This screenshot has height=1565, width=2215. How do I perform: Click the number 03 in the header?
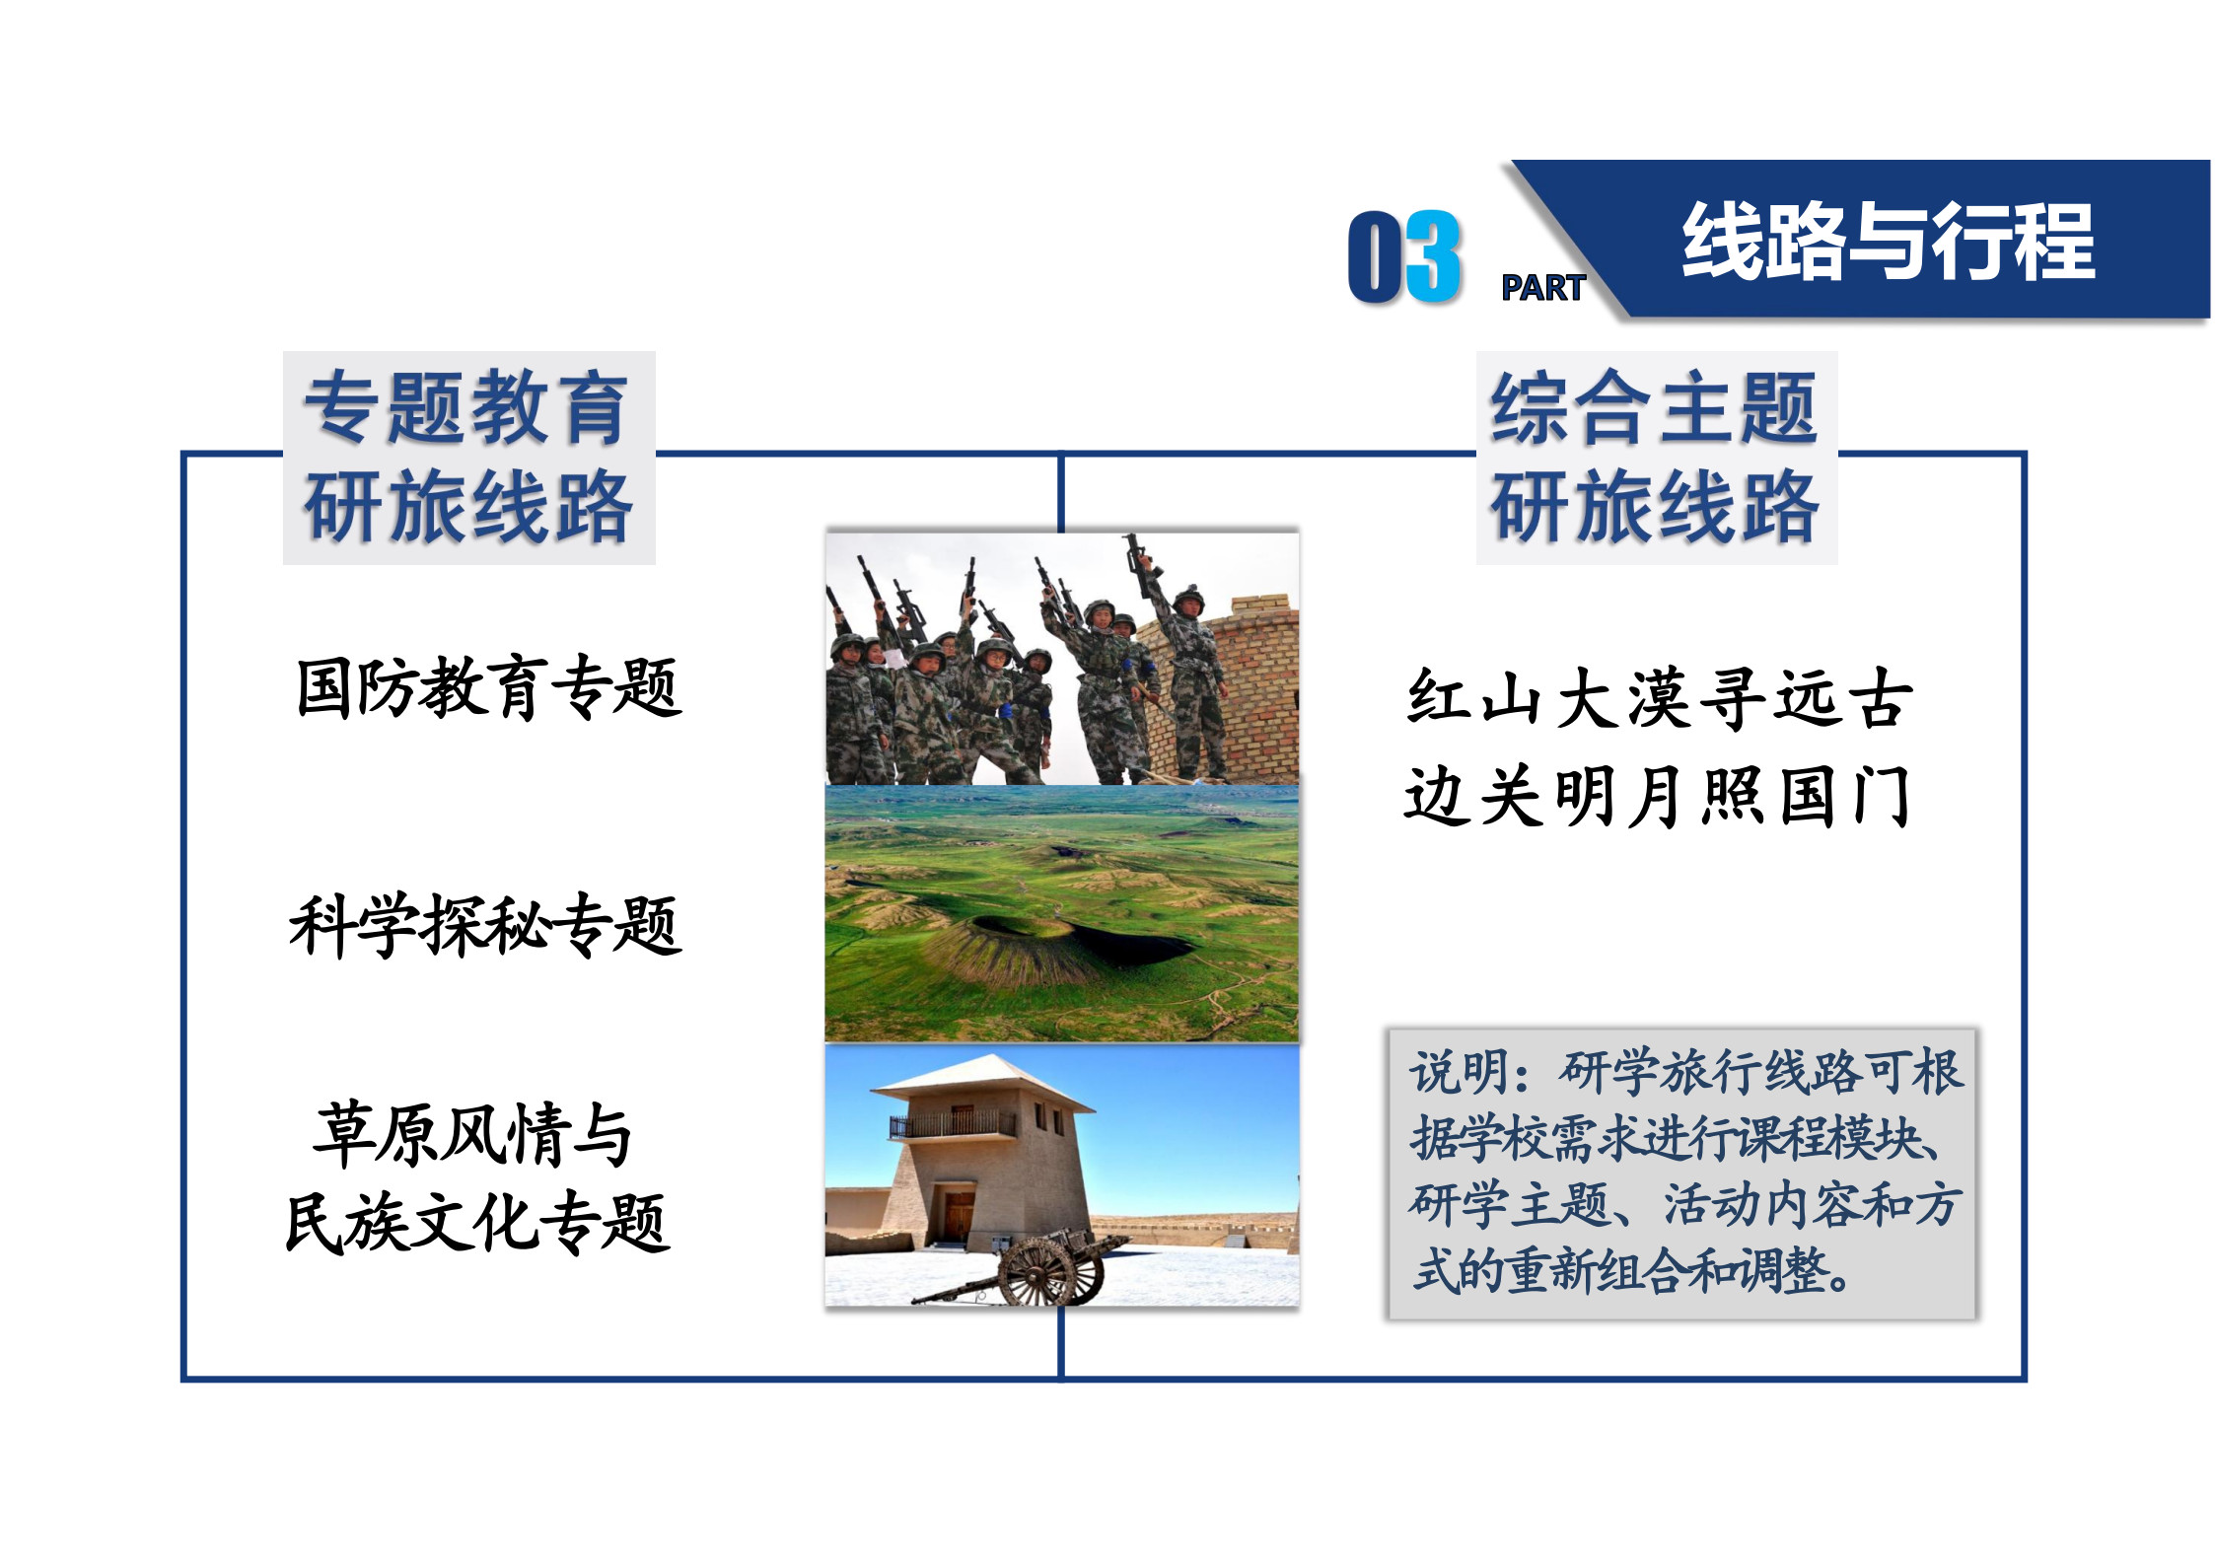pos(1404,256)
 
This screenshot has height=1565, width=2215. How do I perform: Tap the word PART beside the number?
pos(1543,288)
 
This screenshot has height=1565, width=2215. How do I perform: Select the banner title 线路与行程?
pos(1889,242)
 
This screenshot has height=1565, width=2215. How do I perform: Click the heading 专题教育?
pos(465,407)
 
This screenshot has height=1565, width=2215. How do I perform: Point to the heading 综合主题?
pos(1654,407)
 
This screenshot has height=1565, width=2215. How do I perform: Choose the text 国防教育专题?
pos(489,687)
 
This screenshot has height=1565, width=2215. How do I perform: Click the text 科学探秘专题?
pos(485,926)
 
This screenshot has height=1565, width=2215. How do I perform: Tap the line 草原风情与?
pos(472,1134)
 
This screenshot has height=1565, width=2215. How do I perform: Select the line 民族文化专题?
pos(477,1223)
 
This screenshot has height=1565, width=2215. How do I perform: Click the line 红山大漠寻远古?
pos(1660,698)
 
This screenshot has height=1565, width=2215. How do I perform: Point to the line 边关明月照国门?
pos(1658,796)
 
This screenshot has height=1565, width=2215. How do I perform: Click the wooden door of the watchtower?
pos(959,1216)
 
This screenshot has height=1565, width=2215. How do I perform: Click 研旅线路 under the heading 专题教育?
pos(467,507)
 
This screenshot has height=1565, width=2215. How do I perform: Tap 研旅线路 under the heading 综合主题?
pos(1655,507)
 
